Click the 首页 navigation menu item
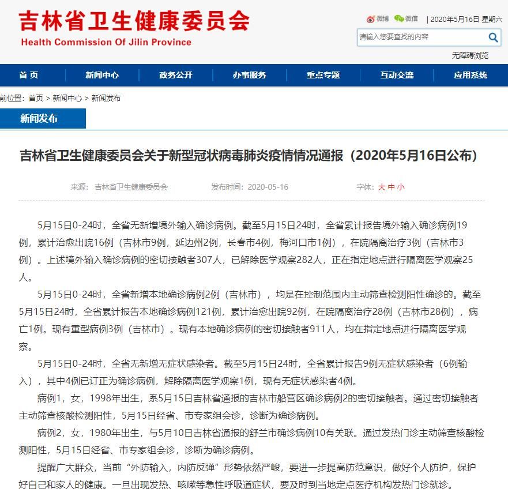[x=28, y=75]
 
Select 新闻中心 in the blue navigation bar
[x=102, y=75]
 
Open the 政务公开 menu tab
[x=176, y=75]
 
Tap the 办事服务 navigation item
[x=249, y=75]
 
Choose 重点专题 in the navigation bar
[x=323, y=75]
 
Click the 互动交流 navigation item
[x=397, y=75]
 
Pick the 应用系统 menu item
[x=471, y=75]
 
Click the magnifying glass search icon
[x=494, y=37]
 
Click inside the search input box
[x=421, y=37]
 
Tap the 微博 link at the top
[x=378, y=18]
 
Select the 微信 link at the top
[x=407, y=18]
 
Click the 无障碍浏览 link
[x=470, y=55]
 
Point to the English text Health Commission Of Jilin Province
[x=106, y=42]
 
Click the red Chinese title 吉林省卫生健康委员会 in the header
[x=134, y=21]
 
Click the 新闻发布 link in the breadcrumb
[x=106, y=98]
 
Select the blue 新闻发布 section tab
[x=39, y=118]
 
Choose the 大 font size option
[x=382, y=187]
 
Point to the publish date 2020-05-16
[x=268, y=187]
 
